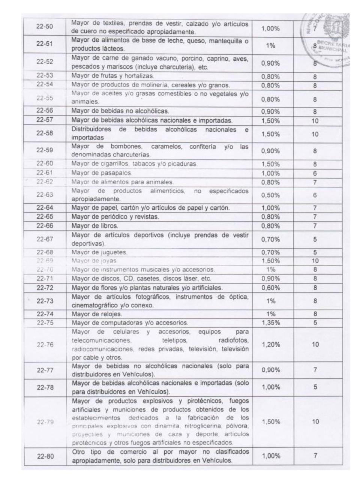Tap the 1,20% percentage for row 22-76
pyautogui.click(x=270, y=345)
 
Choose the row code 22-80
pyautogui.click(x=45, y=456)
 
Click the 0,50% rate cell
pyautogui.click(x=270, y=195)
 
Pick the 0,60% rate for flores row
pyautogui.click(x=270, y=288)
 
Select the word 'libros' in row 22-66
pyautogui.click(x=109, y=226)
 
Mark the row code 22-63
pyautogui.click(x=45, y=195)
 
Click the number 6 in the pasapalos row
pyautogui.click(x=315, y=174)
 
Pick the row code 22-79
pyautogui.click(x=45, y=422)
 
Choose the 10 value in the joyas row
pyautogui.click(x=315, y=261)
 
